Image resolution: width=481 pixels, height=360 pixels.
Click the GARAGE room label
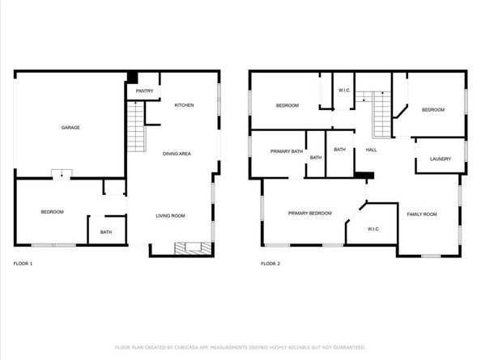pos(70,127)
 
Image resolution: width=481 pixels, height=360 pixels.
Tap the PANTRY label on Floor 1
pos(144,91)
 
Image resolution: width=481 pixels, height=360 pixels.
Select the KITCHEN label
pos(184,105)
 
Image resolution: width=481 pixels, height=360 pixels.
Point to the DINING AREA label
pos(177,153)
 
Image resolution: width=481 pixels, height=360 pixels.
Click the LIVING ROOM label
pos(171,215)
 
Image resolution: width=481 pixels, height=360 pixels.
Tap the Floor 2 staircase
pos(381,116)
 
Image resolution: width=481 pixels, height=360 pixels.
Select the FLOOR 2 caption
pos(270,264)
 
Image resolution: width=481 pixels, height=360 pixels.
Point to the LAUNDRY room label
pos(441,159)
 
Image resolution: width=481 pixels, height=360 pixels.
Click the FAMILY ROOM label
pos(421,214)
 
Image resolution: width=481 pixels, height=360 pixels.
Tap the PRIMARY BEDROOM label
pos(310,213)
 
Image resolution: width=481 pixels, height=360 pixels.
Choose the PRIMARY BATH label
pos(287,151)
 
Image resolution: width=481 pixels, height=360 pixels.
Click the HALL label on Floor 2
pos(371,150)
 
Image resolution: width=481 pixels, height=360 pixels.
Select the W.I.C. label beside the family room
pos(373,229)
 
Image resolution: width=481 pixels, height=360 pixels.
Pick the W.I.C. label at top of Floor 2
pos(343,90)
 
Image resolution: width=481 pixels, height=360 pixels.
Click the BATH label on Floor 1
pos(106,233)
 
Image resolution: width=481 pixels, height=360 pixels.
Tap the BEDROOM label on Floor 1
pos(52,212)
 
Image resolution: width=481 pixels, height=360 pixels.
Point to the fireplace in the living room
pos(194,247)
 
